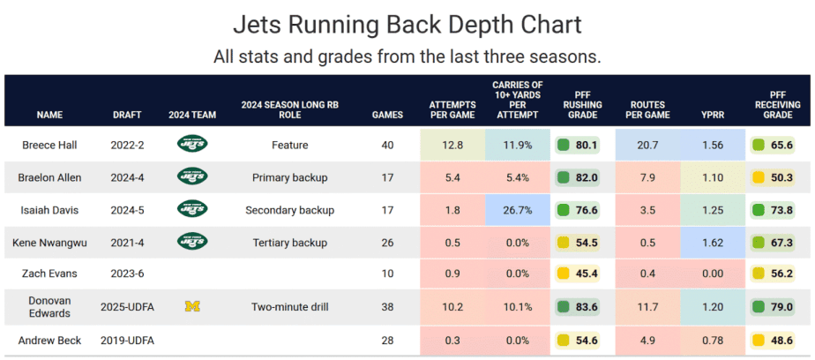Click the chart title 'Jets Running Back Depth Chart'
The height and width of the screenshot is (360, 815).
pyautogui.click(x=407, y=23)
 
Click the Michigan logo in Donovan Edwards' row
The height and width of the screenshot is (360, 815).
pyautogui.click(x=191, y=307)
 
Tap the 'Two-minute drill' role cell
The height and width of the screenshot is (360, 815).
pyautogui.click(x=289, y=307)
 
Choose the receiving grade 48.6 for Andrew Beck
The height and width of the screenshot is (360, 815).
pyautogui.click(x=776, y=340)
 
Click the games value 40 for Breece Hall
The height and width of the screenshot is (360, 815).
pyautogui.click(x=387, y=145)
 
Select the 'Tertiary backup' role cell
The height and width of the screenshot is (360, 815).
pyautogui.click(x=289, y=243)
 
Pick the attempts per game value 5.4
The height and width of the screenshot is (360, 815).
pyautogui.click(x=452, y=177)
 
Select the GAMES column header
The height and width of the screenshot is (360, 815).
pyautogui.click(x=387, y=115)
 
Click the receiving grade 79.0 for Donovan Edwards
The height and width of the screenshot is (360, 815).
pyautogui.click(x=776, y=307)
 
